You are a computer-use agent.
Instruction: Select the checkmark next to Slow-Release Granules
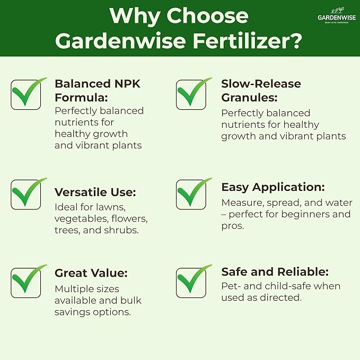(x=192, y=94)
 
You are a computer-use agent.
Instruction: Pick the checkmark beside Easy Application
(x=192, y=194)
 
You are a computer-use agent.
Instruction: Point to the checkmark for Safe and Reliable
(x=192, y=281)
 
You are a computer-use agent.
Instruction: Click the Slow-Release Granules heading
(x=261, y=90)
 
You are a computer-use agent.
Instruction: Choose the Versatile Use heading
(x=95, y=192)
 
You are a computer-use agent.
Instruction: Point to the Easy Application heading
(x=273, y=187)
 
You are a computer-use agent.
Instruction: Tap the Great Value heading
(x=91, y=273)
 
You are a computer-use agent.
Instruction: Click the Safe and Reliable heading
(x=275, y=272)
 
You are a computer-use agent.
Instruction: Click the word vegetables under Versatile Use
(x=78, y=218)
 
